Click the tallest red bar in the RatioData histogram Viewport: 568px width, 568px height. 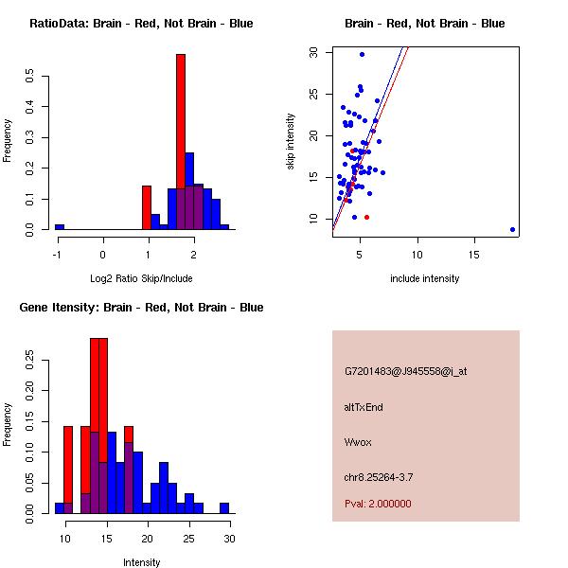point(180,142)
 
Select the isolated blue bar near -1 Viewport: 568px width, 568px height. point(60,227)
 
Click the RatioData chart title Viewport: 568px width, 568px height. point(141,24)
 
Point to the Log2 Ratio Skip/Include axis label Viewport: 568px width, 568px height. point(141,278)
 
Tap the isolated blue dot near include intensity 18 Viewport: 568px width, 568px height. point(512,229)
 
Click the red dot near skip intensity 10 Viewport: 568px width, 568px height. point(366,218)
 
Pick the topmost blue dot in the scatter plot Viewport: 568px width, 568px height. point(362,54)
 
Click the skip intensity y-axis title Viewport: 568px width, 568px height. point(291,142)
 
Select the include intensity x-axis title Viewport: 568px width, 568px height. point(425,278)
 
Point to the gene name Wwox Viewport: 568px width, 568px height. point(357,442)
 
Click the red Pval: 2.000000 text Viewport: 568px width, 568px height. point(378,504)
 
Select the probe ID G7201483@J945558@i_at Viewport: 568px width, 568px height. point(405,371)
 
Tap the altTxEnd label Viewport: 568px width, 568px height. point(364,407)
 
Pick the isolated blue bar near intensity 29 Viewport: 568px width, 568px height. point(224,508)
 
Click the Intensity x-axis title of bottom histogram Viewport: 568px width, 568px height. point(141,562)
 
